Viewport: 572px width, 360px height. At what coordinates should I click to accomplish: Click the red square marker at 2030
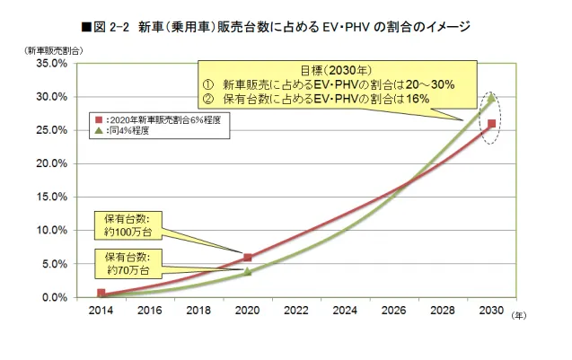[x=491, y=124]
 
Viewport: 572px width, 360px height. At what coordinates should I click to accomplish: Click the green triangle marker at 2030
[x=491, y=99]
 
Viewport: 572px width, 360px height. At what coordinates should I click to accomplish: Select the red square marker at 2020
[x=248, y=258]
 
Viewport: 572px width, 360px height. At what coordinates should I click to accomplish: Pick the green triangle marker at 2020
[x=248, y=271]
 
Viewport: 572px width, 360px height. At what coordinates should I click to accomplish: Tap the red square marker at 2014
[x=101, y=293]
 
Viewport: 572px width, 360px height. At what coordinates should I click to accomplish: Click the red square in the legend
[x=100, y=119]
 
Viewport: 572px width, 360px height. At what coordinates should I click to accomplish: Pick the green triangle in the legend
[x=100, y=130]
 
